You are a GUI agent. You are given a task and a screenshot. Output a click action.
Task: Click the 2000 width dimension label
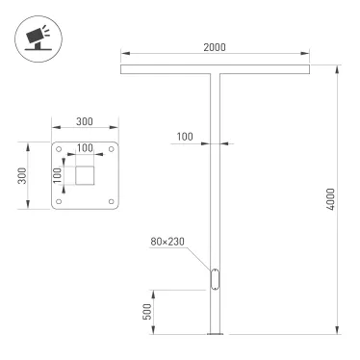216,48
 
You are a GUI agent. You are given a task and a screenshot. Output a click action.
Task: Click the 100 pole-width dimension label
185,138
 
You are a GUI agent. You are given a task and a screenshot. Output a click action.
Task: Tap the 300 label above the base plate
85,123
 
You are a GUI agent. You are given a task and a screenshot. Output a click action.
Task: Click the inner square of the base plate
86,175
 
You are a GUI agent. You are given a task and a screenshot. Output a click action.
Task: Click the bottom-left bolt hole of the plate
60,201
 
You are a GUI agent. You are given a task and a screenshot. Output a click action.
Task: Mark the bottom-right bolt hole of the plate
112,201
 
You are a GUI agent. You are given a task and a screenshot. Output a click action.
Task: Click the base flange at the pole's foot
216,334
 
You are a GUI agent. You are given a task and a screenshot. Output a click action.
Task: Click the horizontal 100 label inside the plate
86,148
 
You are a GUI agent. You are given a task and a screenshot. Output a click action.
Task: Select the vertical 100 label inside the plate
58,175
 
